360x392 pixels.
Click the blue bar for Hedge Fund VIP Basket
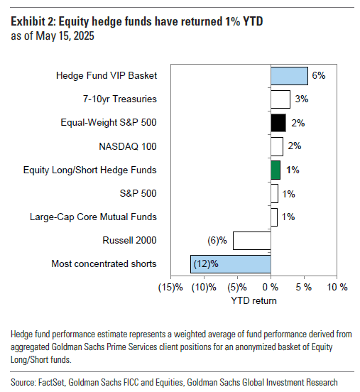(x=289, y=75)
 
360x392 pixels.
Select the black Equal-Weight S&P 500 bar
(x=278, y=123)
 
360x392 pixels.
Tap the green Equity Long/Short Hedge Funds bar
(x=276, y=170)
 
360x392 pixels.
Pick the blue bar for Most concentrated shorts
(x=230, y=263)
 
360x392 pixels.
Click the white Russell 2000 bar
(x=251, y=240)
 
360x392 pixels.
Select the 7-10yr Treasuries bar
(x=280, y=99)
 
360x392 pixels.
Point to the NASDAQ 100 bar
(x=276, y=146)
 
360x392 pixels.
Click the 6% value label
(x=319, y=75)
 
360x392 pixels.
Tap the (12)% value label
(x=204, y=263)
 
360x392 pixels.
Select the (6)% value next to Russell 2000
(x=218, y=240)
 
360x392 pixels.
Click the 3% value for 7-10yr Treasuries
(x=301, y=99)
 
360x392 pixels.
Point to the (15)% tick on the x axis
(x=171, y=288)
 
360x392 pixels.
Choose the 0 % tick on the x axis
(x=270, y=288)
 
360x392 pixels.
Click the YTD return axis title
(x=253, y=300)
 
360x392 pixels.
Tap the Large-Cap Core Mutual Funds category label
(x=93, y=217)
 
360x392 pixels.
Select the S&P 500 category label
(x=138, y=193)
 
